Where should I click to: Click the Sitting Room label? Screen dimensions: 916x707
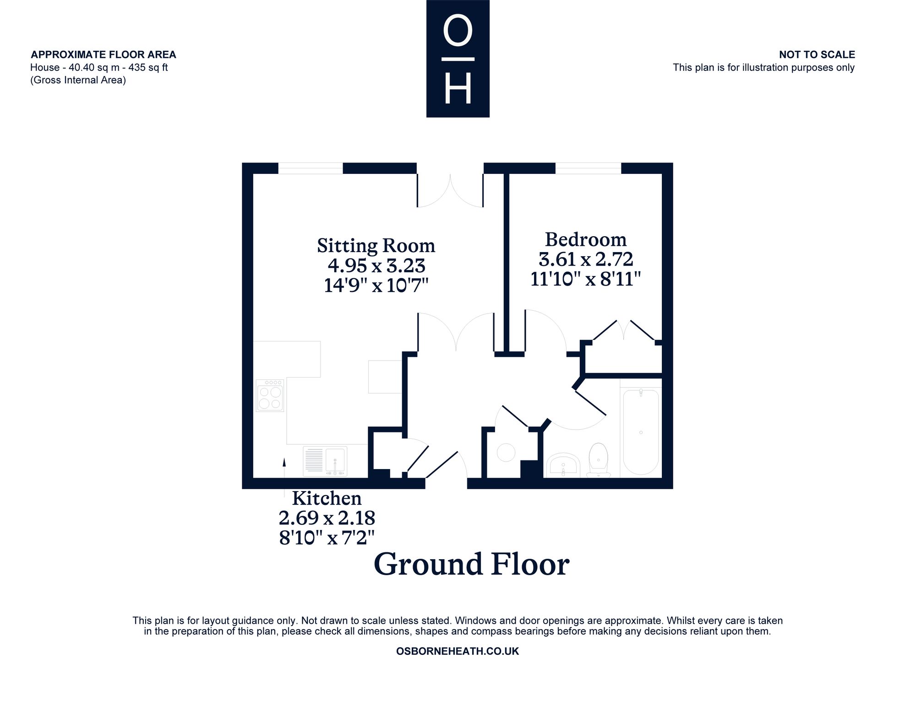click(x=376, y=246)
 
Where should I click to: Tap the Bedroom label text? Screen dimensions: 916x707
click(x=586, y=239)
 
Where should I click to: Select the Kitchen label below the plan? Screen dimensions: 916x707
click(x=327, y=498)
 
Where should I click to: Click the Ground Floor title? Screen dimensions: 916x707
click(x=472, y=564)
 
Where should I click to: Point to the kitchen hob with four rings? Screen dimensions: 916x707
click(x=270, y=395)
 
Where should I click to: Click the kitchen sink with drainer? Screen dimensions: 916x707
click(x=325, y=461)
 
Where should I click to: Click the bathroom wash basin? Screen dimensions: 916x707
click(x=564, y=465)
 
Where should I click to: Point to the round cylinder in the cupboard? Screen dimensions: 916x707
click(x=507, y=453)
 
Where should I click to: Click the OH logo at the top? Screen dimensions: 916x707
click(x=458, y=59)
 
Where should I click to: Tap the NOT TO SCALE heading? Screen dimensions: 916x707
click(x=817, y=54)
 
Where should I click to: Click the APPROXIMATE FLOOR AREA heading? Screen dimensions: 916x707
click(x=104, y=54)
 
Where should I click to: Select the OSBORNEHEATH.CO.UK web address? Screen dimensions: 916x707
click(x=458, y=651)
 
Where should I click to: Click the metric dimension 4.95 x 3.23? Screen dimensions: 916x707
click(x=376, y=265)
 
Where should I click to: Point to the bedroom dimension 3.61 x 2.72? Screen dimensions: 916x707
click(x=586, y=259)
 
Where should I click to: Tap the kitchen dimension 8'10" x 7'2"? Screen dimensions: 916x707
click(x=327, y=537)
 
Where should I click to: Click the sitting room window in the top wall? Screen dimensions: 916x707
click(x=311, y=168)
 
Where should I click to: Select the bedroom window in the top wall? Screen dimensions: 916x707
click(x=589, y=168)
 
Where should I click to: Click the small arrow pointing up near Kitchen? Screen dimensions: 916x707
click(x=284, y=468)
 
